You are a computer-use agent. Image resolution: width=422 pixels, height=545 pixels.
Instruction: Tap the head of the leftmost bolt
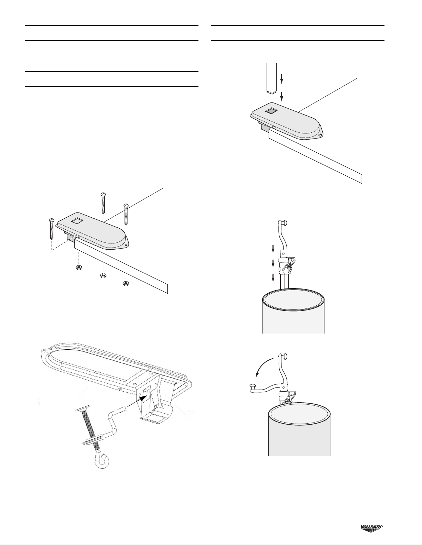[51, 220]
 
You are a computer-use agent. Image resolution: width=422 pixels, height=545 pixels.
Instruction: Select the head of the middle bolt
[103, 194]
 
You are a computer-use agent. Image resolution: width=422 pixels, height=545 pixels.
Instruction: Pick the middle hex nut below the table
[103, 276]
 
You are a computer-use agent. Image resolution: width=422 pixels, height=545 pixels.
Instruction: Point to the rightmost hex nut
[125, 283]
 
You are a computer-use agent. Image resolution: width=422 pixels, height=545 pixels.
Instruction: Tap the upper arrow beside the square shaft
[282, 79]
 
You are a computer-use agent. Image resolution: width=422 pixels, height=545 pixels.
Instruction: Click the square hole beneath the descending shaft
[271, 111]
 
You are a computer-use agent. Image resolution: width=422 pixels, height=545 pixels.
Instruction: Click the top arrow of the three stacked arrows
[273, 250]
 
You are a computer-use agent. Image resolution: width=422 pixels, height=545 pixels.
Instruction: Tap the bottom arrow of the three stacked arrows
[273, 278]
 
